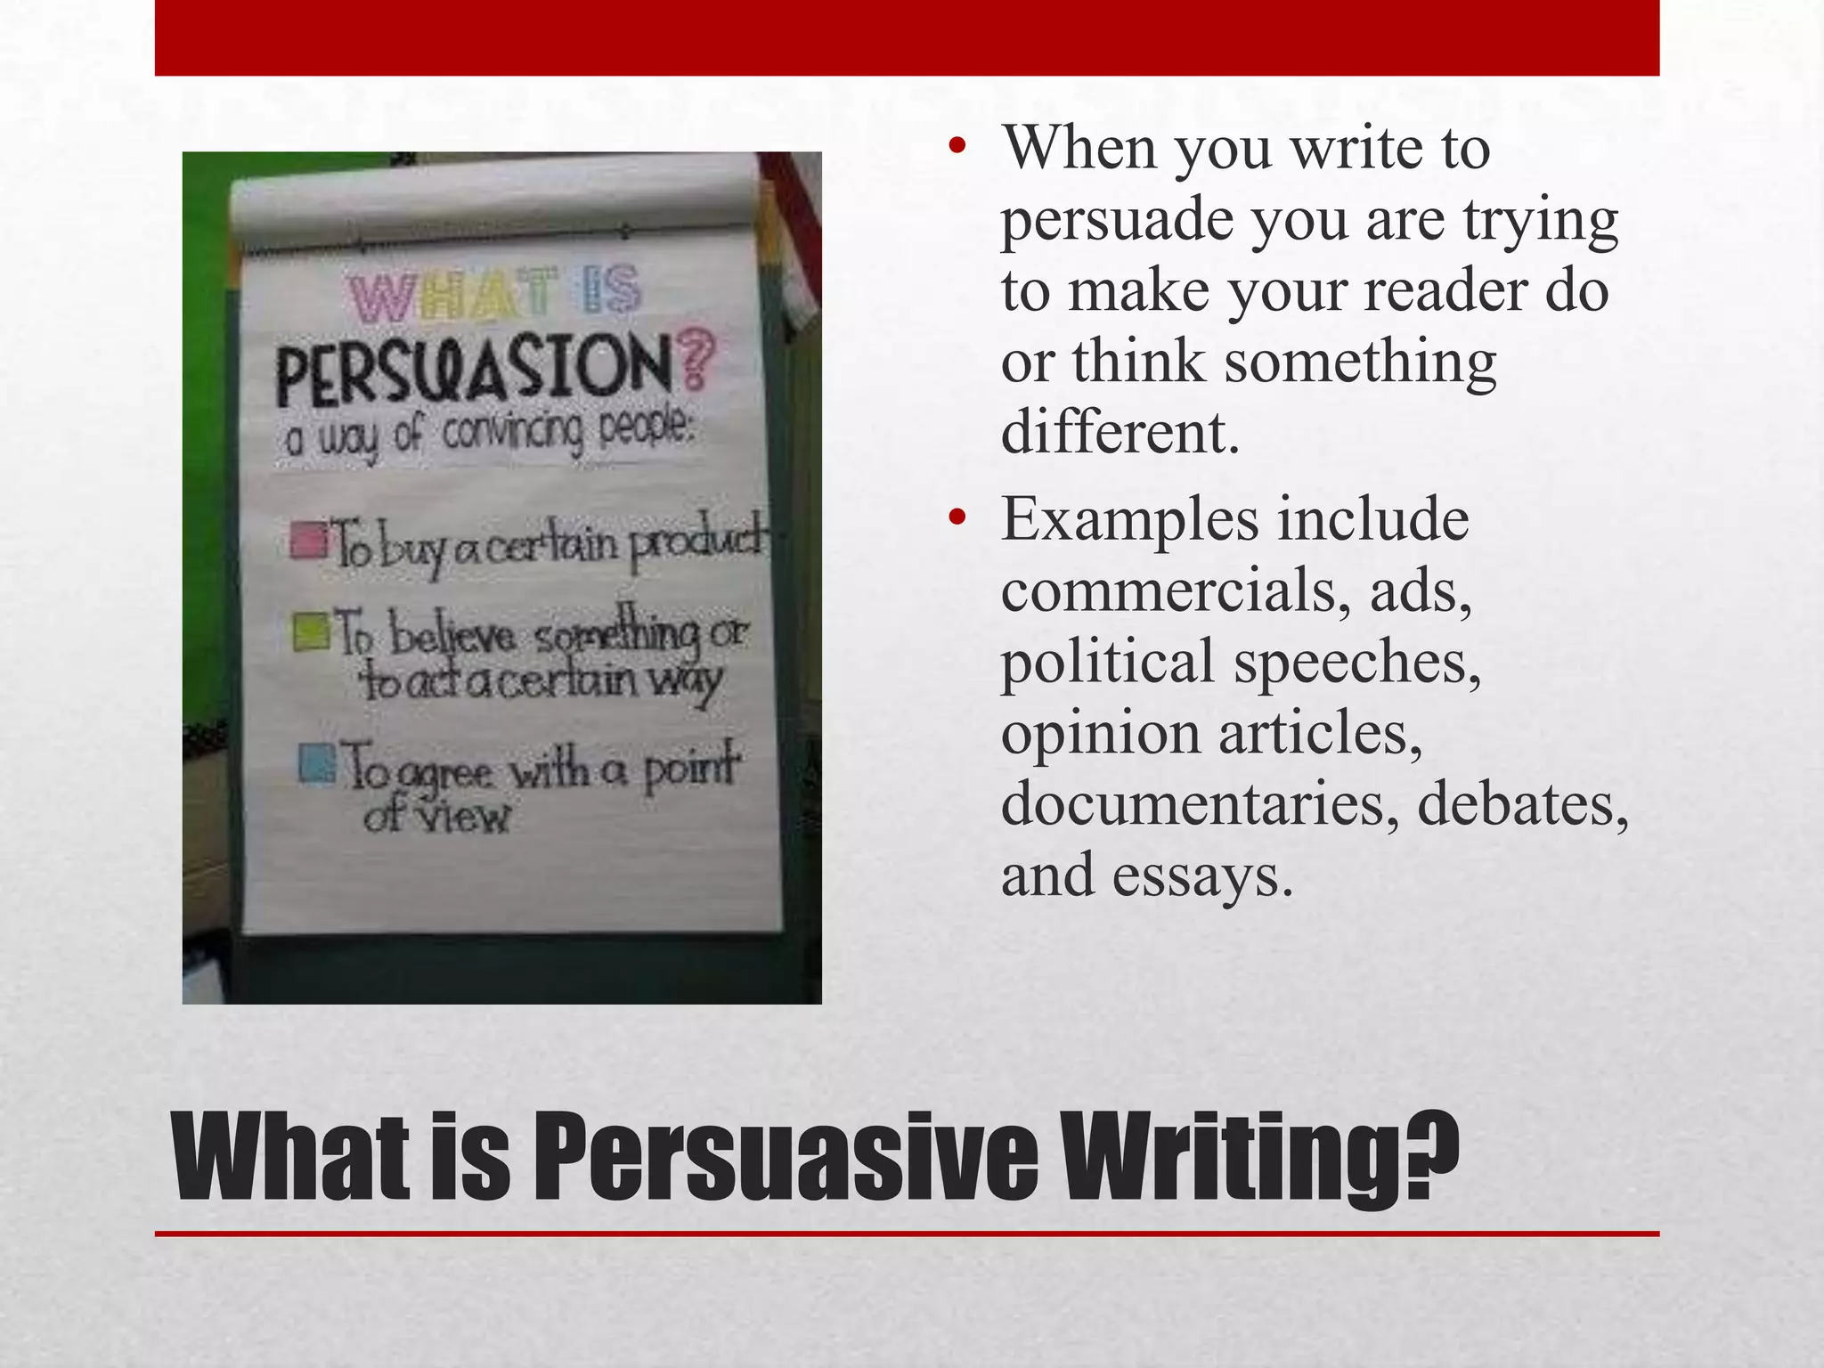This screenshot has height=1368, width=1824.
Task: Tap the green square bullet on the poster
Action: [313, 631]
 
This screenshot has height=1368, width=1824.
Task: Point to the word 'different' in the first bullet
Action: [1119, 433]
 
